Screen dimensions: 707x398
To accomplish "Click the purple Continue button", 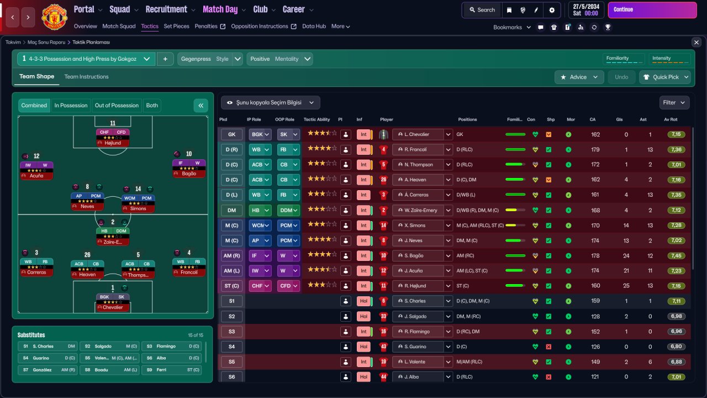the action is point(652,10).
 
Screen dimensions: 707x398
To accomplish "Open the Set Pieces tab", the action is point(176,26).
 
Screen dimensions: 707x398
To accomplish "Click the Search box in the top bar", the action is point(482,10).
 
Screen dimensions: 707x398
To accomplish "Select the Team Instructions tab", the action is point(87,77).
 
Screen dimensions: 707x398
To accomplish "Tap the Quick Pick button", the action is point(665,77).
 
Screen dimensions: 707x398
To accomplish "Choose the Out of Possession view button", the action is point(117,106).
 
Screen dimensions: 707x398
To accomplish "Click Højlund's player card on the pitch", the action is point(113,138).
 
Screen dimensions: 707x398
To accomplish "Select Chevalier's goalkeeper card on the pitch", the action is point(113,302).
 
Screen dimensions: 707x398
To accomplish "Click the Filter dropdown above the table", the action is point(674,103).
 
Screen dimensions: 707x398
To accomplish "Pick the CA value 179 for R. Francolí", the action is point(595,149).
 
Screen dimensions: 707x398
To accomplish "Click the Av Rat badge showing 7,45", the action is point(676,255).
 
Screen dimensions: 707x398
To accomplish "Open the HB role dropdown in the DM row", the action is point(260,210).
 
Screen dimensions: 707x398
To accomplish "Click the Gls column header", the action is point(619,119).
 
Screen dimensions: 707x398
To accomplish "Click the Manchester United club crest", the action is point(54,17).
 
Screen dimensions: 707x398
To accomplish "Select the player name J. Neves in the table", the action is point(413,240).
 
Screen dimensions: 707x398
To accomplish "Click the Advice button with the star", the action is point(579,77).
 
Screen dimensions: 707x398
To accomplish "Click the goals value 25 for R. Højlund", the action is point(626,286).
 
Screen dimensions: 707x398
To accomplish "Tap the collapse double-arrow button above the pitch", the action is point(201,106).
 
